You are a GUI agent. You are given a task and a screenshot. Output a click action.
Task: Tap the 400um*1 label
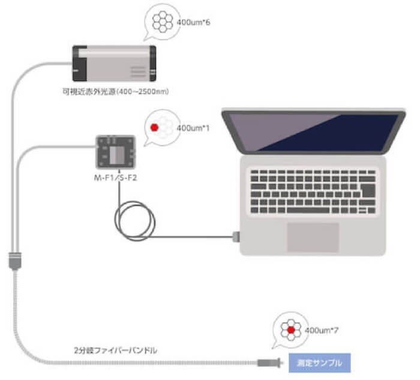[194, 128]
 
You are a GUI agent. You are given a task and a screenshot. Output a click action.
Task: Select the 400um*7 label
[320, 330]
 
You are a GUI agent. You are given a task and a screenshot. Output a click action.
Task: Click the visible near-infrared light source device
[114, 63]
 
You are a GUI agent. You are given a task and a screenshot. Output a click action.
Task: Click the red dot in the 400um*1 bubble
[154, 127]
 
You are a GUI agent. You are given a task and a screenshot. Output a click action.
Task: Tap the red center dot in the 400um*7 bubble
[290, 330]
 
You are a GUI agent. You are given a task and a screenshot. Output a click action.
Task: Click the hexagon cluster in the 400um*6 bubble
[162, 23]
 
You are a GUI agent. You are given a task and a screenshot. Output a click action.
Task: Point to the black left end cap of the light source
[76, 63]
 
